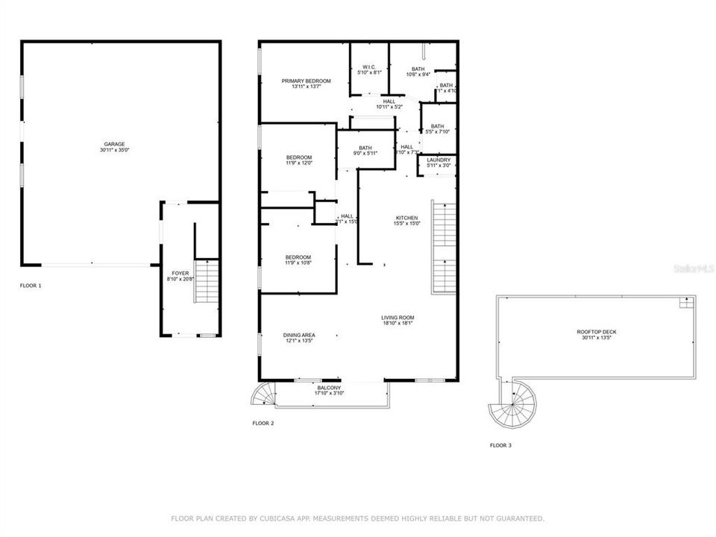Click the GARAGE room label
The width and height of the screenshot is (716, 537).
coord(114,144)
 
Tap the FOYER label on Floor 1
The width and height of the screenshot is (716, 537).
coord(180,274)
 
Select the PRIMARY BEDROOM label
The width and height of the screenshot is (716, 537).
coord(306,81)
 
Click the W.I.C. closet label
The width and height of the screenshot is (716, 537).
coord(369,67)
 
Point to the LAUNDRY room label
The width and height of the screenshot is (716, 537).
coord(437,160)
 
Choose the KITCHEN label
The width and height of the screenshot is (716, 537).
coord(407,218)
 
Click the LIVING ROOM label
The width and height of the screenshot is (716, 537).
coord(398,318)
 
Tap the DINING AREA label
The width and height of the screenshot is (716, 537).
coord(298,335)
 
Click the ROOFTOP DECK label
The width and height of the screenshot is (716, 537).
coord(596,332)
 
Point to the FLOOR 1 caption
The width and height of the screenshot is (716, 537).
coord(31,286)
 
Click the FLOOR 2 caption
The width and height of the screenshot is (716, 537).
coord(263,423)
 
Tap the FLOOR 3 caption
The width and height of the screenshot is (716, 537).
coord(500,445)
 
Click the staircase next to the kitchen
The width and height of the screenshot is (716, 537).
coord(444,246)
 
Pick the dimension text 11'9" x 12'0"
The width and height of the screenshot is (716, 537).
coord(298,163)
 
